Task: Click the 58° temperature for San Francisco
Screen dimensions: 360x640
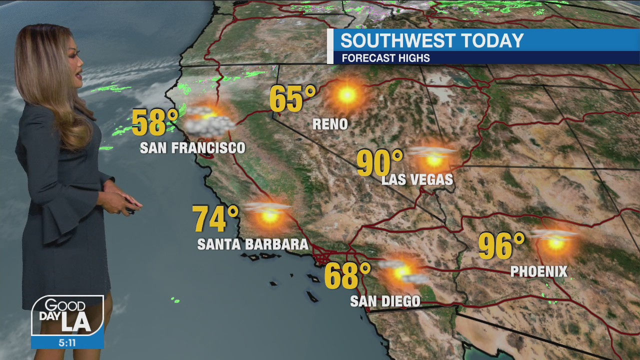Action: pyautogui.click(x=155, y=122)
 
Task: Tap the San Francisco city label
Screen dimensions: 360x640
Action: pyautogui.click(x=192, y=148)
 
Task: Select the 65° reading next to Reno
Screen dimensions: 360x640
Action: pyautogui.click(x=292, y=98)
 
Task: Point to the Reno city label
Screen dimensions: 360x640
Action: pyautogui.click(x=330, y=124)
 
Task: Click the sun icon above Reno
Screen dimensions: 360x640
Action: pyautogui.click(x=346, y=94)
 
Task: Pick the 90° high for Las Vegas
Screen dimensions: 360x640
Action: pyautogui.click(x=379, y=163)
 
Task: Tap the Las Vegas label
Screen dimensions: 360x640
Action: pyautogui.click(x=417, y=179)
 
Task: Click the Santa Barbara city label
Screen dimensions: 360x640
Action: pyautogui.click(x=252, y=244)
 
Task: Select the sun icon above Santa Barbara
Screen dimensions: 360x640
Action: pyautogui.click(x=269, y=215)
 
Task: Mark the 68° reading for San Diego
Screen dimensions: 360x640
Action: pyautogui.click(x=347, y=276)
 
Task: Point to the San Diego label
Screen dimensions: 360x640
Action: pyautogui.click(x=385, y=301)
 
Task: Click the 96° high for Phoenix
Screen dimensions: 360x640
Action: pyautogui.click(x=501, y=246)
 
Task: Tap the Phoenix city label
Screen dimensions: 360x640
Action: pyautogui.click(x=539, y=271)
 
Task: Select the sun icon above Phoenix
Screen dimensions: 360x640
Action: pyautogui.click(x=555, y=242)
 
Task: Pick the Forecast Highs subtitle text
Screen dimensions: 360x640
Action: pyautogui.click(x=385, y=58)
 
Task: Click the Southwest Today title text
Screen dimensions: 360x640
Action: pyautogui.click(x=432, y=40)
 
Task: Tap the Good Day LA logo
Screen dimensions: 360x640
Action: pyautogui.click(x=67, y=315)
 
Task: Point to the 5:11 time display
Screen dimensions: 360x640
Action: pyautogui.click(x=67, y=343)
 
